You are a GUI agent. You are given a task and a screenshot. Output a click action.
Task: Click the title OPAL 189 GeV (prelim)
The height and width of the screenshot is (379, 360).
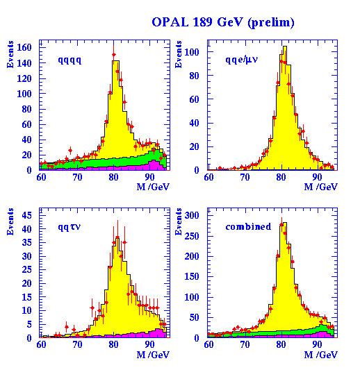pos(222,22)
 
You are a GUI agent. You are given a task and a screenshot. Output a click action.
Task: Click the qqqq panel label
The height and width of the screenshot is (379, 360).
pos(69,60)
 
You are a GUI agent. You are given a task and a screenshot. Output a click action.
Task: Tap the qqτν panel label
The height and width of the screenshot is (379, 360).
pos(70,226)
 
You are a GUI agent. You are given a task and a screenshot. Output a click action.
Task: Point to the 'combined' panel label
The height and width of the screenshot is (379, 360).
pos(248,226)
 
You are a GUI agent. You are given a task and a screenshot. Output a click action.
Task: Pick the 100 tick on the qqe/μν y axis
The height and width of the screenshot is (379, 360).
pos(197,52)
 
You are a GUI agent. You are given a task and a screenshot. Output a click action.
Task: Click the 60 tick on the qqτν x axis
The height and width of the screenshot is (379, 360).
pos(42,344)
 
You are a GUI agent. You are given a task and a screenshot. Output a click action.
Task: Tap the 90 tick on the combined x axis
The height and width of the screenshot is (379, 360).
pos(318,344)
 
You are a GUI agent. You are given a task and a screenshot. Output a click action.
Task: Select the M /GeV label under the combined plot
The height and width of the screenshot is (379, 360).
pos(320,354)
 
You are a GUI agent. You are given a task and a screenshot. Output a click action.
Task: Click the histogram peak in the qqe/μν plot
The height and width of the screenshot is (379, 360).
pos(284,47)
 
